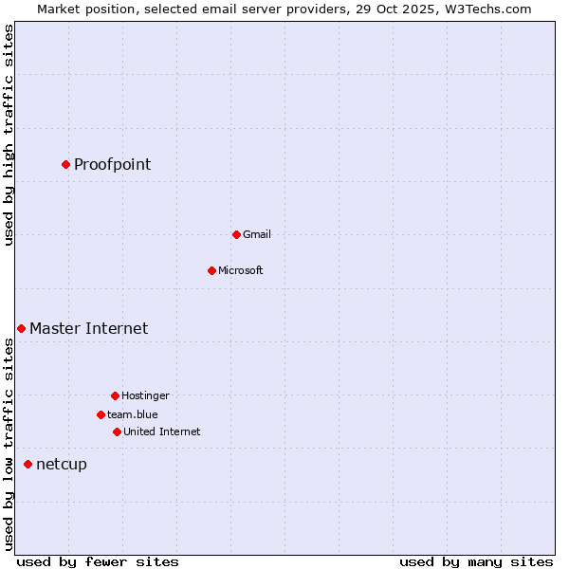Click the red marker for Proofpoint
pyautogui.click(x=65, y=164)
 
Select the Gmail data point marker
pyautogui.click(x=236, y=234)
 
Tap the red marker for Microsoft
pyautogui.click(x=211, y=270)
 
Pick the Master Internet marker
pyautogui.click(x=21, y=328)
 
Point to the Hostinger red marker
pyautogui.click(x=115, y=395)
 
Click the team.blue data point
pyautogui.click(x=101, y=414)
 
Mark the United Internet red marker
pyautogui.click(x=117, y=431)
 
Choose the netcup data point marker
pyautogui.click(x=28, y=464)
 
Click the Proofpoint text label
pyautogui.click(x=112, y=165)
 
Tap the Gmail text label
pyautogui.click(x=257, y=234)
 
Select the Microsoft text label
pyautogui.click(x=241, y=270)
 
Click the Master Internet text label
pyautogui.click(x=88, y=329)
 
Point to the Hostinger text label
pyautogui.click(x=145, y=395)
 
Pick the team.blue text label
pyautogui.click(x=133, y=414)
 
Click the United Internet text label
pyautogui.click(x=162, y=431)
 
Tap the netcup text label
pyautogui.click(x=61, y=465)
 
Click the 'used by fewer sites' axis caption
pyautogui.click(x=98, y=562)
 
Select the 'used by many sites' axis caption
pyautogui.click(x=475, y=562)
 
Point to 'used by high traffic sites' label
pyautogui.click(x=9, y=135)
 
